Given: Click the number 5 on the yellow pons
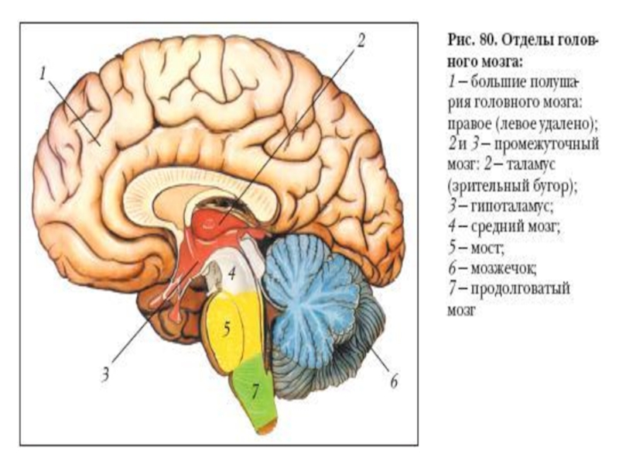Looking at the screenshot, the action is [x=227, y=328].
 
